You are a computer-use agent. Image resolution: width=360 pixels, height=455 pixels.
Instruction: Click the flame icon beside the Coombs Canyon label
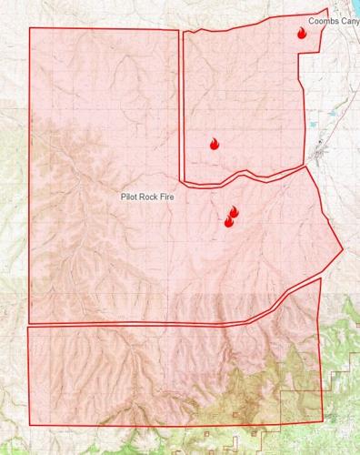tap(302, 34)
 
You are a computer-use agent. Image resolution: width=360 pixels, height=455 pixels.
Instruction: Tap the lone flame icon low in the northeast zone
tap(215, 143)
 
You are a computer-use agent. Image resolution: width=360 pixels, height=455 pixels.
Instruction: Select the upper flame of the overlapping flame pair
tap(233, 212)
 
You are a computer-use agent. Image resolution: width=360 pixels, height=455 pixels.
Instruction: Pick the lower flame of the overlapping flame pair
tap(228, 221)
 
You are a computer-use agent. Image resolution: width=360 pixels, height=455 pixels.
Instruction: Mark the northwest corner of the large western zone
tap(30, 28)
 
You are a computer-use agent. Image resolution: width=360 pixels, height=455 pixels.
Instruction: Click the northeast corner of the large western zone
tap(178, 31)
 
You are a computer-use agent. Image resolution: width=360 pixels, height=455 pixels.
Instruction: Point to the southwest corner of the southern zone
tap(30, 424)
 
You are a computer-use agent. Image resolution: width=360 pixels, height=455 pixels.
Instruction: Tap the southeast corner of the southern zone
tap(321, 422)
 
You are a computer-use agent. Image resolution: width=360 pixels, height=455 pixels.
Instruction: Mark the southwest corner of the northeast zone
tap(185, 181)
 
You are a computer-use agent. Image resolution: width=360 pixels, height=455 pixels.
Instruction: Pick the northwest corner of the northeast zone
tap(185, 33)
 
